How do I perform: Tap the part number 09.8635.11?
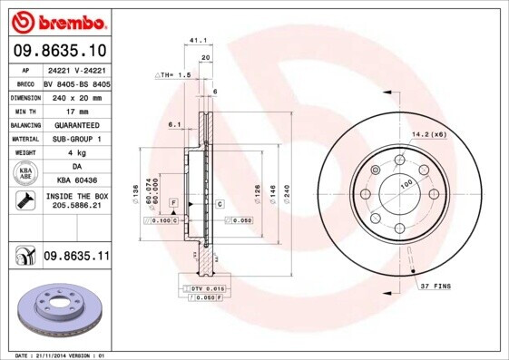coord(76,258)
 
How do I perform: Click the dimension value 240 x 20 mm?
coord(75,96)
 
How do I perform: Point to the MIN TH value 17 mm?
coord(75,110)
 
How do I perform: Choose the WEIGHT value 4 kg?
coord(75,153)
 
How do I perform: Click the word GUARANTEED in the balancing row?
coord(75,124)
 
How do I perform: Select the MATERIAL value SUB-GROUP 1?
coord(75,139)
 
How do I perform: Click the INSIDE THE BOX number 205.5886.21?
coord(75,206)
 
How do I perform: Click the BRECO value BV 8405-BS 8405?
coord(76,82)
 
